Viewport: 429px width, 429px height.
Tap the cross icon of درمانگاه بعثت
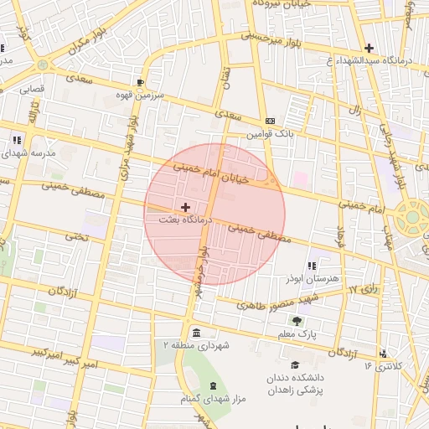[x=185, y=206]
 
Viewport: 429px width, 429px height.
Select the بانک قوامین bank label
[x=266, y=133]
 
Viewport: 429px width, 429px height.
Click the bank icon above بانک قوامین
[x=268, y=121]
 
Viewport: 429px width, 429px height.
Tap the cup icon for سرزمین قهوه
[x=140, y=83]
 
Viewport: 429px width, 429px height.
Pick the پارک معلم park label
[x=298, y=334]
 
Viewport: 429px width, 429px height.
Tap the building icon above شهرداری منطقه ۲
[x=195, y=331]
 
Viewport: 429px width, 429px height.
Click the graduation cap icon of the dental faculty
[x=294, y=364]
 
